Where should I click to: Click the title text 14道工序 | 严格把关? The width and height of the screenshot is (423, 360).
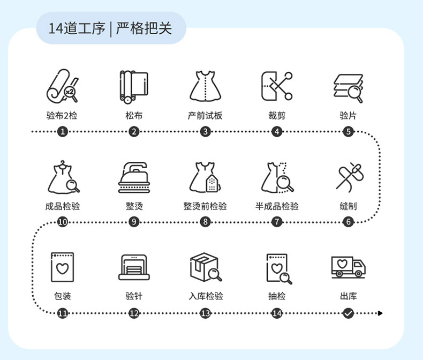(110, 28)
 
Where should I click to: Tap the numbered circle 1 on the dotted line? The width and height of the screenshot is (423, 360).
(63, 131)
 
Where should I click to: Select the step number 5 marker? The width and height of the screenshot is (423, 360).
(348, 131)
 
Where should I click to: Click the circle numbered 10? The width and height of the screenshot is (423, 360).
(63, 222)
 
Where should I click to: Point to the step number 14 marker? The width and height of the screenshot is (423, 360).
(277, 313)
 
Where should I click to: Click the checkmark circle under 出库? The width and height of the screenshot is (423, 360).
(348, 313)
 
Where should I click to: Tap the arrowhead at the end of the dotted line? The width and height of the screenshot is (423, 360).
(380, 313)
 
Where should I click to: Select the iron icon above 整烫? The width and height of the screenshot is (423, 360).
(134, 177)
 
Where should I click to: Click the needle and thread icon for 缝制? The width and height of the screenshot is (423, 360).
(348, 177)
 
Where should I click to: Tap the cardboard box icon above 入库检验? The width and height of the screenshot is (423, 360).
(205, 267)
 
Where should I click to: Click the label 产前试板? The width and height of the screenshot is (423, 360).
(205, 116)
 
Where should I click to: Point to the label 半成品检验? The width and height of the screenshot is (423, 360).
(277, 206)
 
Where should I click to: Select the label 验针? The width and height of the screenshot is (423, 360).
(134, 296)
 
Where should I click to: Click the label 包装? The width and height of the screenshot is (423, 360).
(63, 296)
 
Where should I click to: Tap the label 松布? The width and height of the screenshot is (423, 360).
(134, 116)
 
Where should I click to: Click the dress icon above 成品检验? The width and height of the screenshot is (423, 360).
(63, 177)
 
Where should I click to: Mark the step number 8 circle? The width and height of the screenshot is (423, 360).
(205, 222)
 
